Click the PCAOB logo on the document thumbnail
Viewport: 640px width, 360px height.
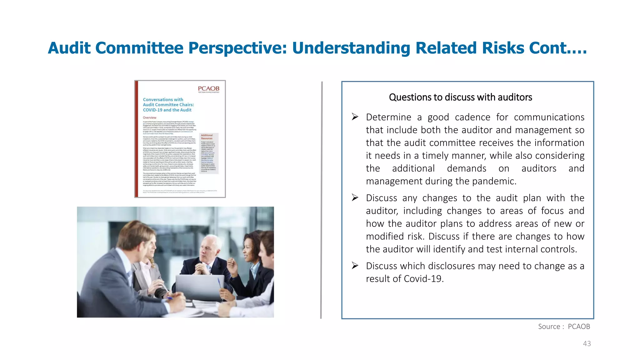pos(208,89)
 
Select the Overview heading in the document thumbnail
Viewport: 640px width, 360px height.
pos(150,118)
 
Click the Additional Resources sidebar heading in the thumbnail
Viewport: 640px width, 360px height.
pos(207,137)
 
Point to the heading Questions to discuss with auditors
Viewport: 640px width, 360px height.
pos(460,97)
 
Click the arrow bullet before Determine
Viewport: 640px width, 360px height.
pos(355,117)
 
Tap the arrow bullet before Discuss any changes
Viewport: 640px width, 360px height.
pos(355,197)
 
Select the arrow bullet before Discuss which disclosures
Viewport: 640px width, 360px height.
pos(355,266)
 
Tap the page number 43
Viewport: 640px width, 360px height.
pos(587,344)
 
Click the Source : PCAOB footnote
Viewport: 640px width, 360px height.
pos(564,327)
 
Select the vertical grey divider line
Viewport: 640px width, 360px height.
pos(321,200)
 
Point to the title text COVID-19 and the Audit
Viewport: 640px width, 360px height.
pos(167,110)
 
